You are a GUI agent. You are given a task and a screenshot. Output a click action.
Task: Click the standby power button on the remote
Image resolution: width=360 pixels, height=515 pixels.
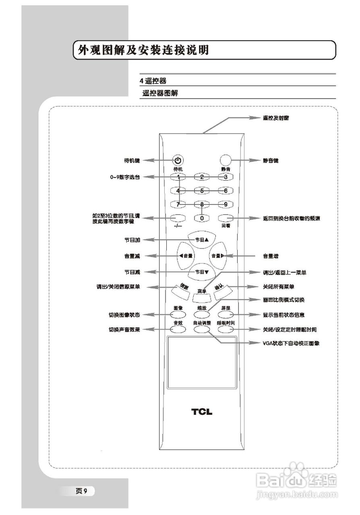pyautogui.click(x=178, y=160)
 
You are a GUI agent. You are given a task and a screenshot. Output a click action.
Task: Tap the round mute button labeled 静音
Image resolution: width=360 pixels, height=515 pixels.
pyautogui.click(x=226, y=160)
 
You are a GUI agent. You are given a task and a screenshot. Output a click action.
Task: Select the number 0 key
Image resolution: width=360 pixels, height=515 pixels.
pyautogui.click(x=202, y=218)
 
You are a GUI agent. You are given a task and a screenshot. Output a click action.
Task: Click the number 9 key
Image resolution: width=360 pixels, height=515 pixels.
pyautogui.click(x=226, y=204)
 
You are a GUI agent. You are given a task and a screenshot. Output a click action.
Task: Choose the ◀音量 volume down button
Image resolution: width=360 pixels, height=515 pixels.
pyautogui.click(x=186, y=255)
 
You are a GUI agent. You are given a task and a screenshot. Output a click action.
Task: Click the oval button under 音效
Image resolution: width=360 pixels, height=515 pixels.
pyautogui.click(x=178, y=329)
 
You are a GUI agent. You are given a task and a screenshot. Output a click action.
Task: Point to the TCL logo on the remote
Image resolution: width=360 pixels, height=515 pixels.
pyautogui.click(x=202, y=412)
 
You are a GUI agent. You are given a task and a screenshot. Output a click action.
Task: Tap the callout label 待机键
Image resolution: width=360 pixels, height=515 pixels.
pyautogui.click(x=132, y=160)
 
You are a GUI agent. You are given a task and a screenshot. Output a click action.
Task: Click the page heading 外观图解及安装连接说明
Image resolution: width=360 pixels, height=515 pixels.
pyautogui.click(x=144, y=50)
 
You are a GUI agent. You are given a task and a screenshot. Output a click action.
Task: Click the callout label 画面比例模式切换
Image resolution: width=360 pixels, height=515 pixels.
pyautogui.click(x=283, y=300)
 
